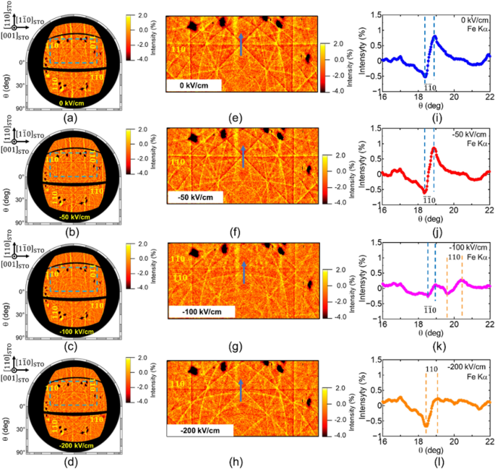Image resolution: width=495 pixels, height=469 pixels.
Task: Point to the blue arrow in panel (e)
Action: [241, 44]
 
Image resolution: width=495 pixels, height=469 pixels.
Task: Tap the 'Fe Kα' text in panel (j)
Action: [478, 136]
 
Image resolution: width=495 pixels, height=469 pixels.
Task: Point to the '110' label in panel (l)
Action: [431, 369]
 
